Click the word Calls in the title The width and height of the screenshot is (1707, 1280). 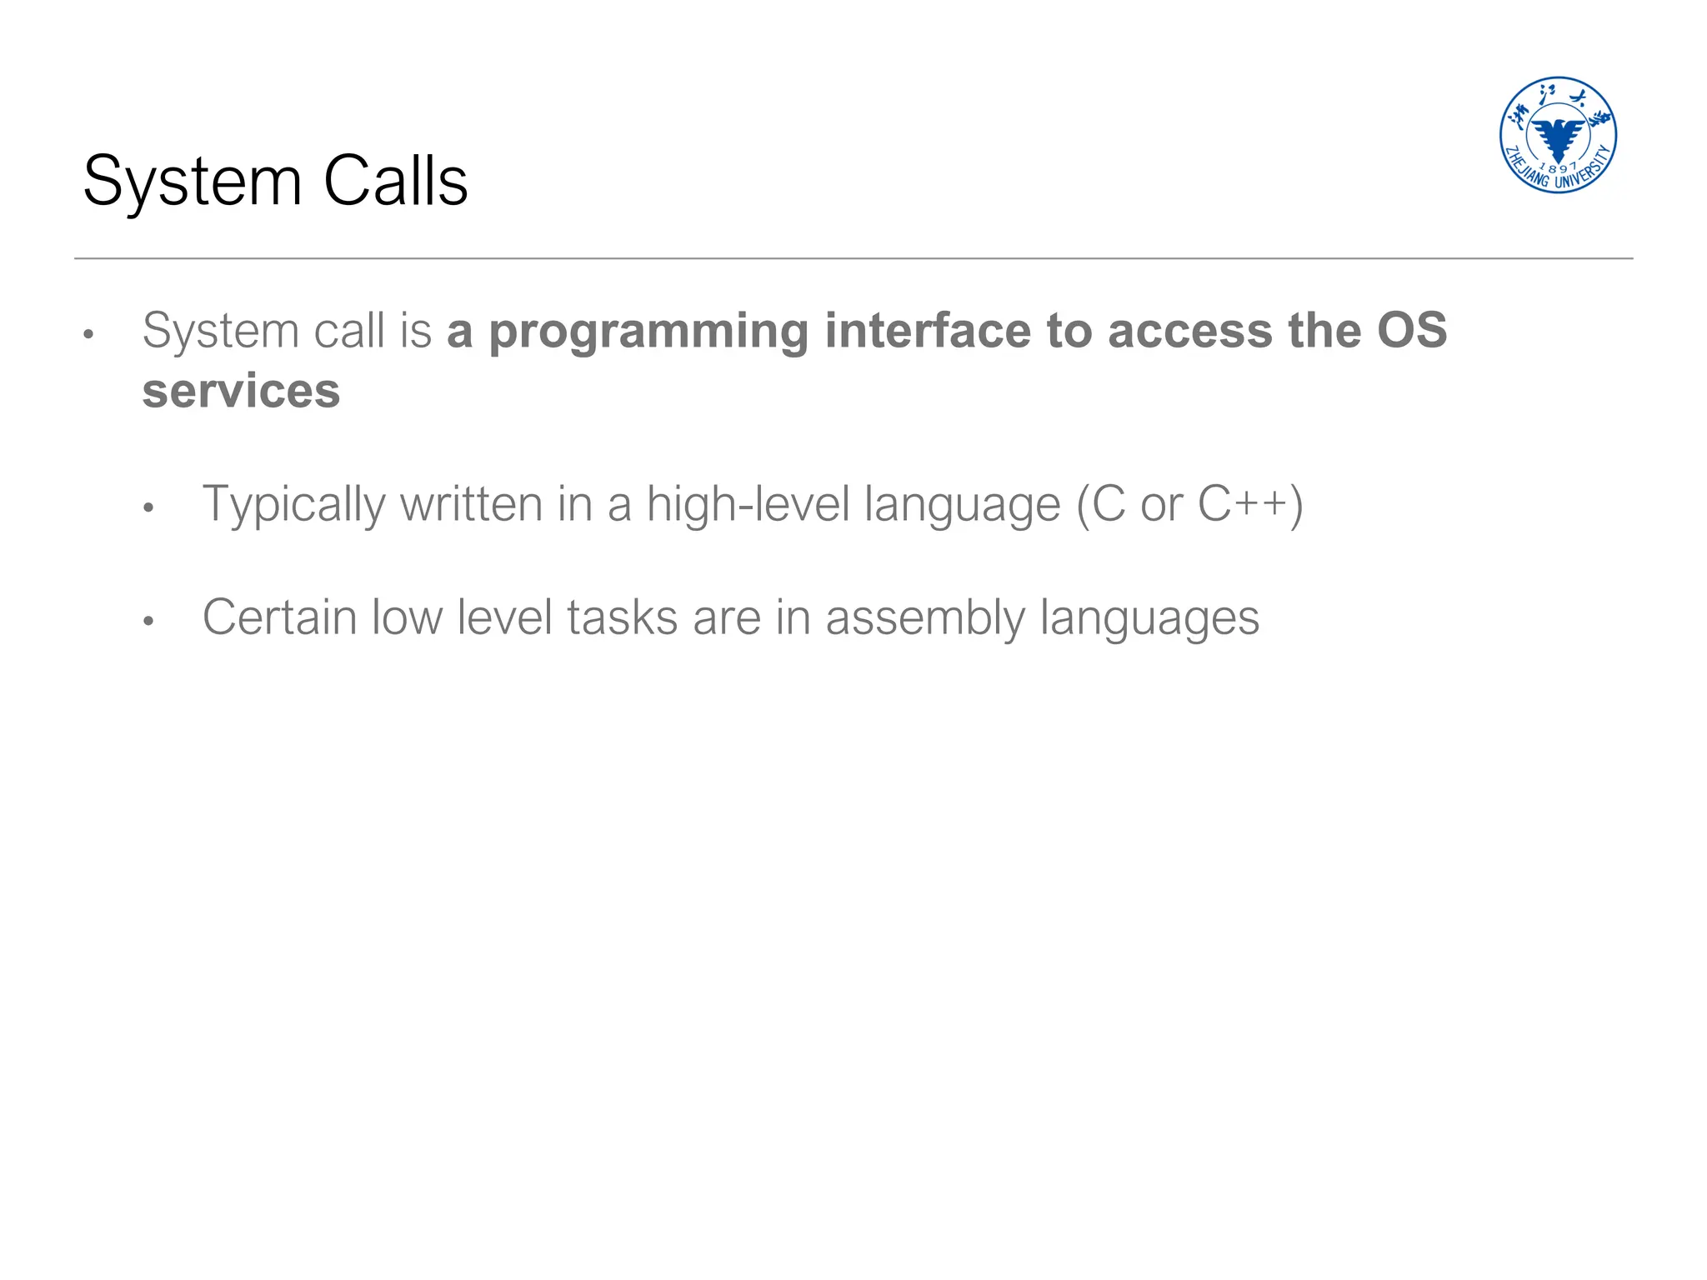395,181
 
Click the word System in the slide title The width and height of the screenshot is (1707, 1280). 193,182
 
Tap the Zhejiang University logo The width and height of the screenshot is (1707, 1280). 1558,135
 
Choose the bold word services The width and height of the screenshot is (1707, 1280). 241,391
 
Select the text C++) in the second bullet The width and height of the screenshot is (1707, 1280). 1249,505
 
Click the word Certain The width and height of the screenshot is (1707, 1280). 279,617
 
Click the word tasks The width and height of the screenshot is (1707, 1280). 622,617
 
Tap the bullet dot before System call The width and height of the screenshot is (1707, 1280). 88,335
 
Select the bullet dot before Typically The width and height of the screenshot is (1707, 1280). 148,507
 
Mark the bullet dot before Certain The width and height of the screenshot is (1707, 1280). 148,621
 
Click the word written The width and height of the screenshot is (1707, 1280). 472,505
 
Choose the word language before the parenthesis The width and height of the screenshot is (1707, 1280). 962,506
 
